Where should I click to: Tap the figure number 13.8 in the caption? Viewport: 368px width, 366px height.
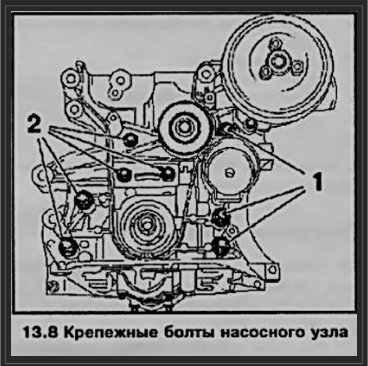tap(40, 332)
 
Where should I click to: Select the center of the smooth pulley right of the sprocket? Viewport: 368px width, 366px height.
tap(228, 172)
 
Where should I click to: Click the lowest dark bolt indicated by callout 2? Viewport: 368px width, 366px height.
tap(68, 247)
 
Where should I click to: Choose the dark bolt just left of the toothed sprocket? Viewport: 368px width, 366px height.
tap(130, 140)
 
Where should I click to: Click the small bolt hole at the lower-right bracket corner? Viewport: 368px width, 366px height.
tap(272, 270)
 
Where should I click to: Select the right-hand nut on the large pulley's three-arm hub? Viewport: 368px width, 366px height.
tap(297, 66)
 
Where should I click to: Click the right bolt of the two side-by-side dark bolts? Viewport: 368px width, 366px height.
tap(168, 174)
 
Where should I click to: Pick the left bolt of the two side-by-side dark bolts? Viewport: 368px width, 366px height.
tap(124, 175)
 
